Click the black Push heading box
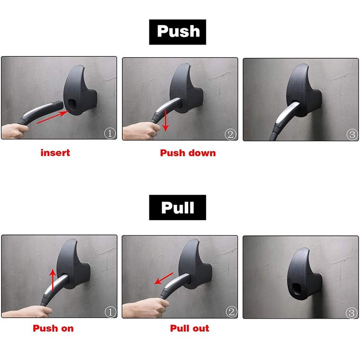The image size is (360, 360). click(177, 32)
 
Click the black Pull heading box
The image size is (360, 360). click(177, 207)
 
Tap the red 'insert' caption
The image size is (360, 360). click(55, 153)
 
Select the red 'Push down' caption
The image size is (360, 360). click(188, 153)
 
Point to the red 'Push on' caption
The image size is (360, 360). click(53, 328)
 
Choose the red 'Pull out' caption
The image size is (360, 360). click(189, 328)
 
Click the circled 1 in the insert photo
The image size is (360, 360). click(110, 133)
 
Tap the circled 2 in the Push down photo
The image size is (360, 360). click(230, 134)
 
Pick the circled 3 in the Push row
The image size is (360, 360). click(352, 134)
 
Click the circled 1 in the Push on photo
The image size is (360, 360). click(110, 312)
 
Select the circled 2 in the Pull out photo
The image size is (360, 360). click(231, 312)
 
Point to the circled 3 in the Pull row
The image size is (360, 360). click(351, 313)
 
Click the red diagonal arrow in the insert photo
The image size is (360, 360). click(53, 117)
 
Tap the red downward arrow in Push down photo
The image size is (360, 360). click(166, 120)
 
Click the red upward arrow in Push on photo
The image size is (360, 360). click(53, 280)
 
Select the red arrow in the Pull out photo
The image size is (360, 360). click(163, 279)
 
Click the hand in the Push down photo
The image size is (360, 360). click(140, 131)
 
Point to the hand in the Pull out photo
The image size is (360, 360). click(144, 308)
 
